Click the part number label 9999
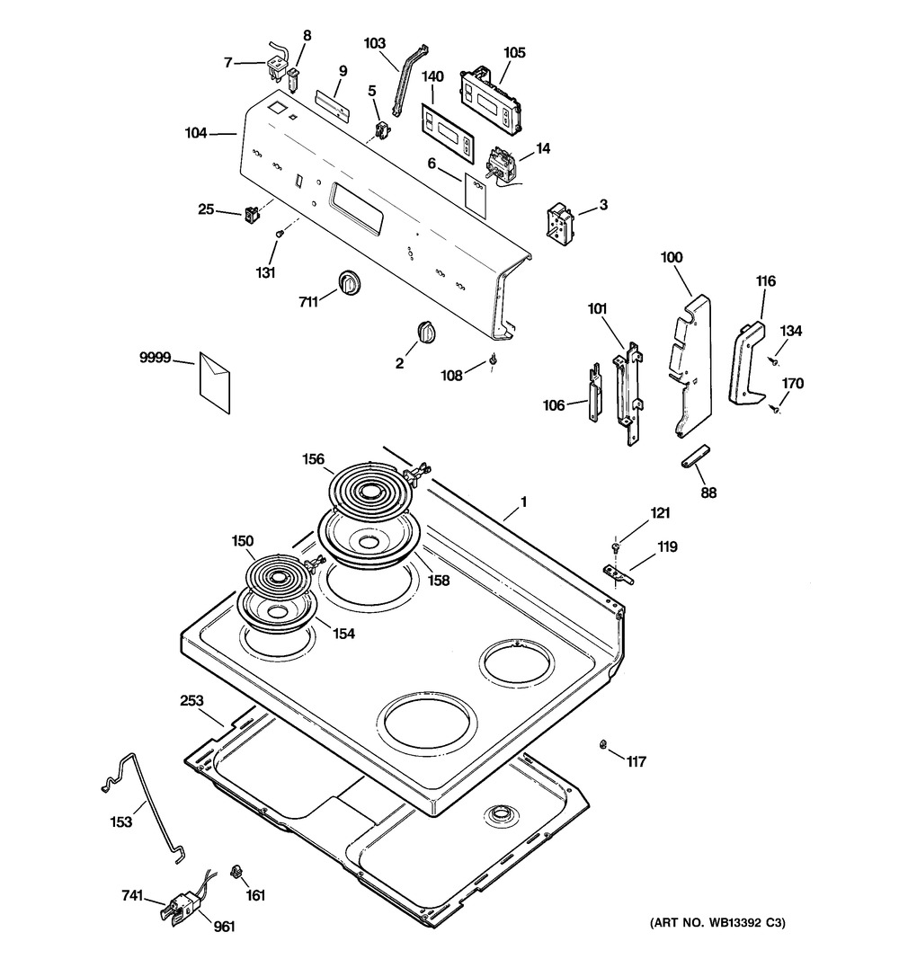coord(154,358)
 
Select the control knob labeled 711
coord(347,282)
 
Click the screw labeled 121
coord(615,546)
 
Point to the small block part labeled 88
coord(697,457)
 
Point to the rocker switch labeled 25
coord(252,214)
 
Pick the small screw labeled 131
coord(279,233)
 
